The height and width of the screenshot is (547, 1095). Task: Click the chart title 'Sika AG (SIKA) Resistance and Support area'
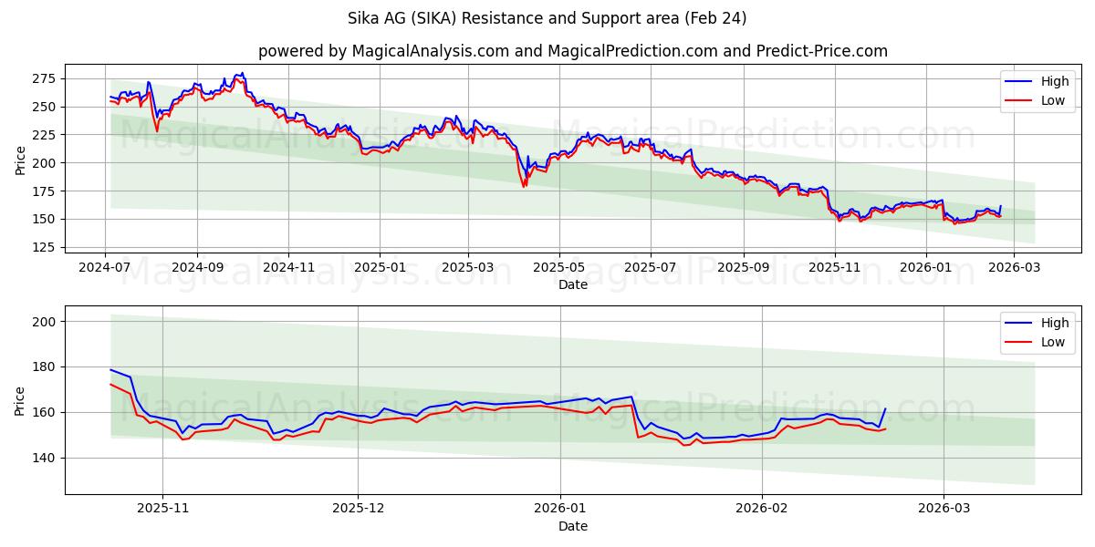(547, 18)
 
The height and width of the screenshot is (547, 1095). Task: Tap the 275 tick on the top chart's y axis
(42, 78)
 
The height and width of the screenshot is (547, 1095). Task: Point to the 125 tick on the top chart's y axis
(42, 247)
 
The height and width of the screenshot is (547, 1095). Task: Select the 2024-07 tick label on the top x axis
(105, 268)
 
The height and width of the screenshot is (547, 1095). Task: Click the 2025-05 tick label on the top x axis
(558, 268)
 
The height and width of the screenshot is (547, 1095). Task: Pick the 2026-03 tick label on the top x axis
(1016, 268)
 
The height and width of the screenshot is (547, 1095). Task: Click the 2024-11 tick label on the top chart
(288, 268)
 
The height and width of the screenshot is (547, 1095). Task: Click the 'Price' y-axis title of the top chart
(21, 160)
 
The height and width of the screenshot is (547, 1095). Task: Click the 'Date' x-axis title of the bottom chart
(572, 526)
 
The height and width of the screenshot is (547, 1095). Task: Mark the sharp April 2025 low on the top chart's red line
(524, 186)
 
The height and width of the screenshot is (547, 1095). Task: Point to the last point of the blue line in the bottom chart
(884, 409)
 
